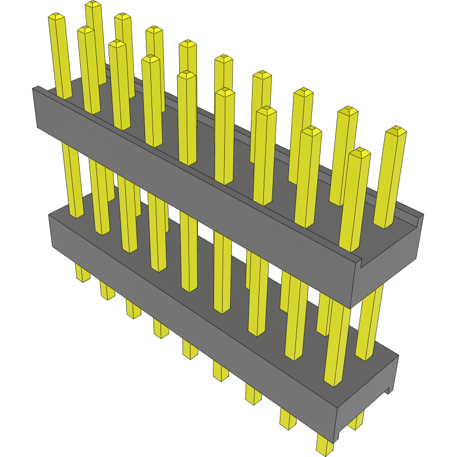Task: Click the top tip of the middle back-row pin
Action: pyautogui.click(x=224, y=58)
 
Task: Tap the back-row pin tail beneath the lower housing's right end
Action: pyautogui.click(x=355, y=421)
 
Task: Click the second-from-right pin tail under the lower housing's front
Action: pyautogui.click(x=287, y=420)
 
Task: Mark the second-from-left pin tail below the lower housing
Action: pyautogui.click(x=107, y=291)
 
